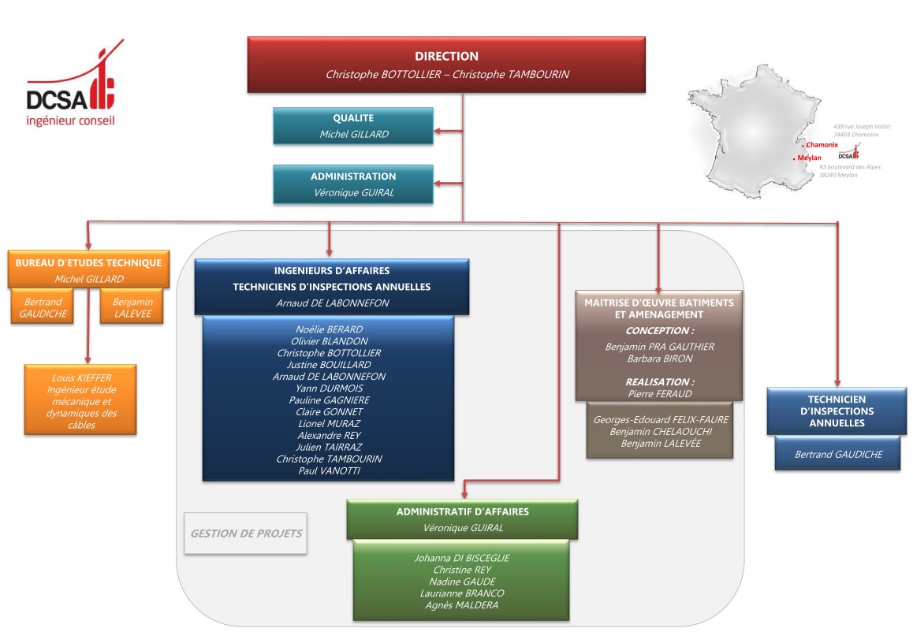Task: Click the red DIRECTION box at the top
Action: (446, 65)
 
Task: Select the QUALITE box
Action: (353, 126)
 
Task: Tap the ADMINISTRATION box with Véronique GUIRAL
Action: (353, 184)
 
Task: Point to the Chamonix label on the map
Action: (822, 144)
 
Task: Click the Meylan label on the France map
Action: (809, 158)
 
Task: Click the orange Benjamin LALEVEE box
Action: (132, 307)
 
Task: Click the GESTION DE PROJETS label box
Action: (246, 533)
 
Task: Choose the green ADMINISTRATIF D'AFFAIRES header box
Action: (462, 519)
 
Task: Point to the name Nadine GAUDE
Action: (462, 582)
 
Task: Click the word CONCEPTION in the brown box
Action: (659, 331)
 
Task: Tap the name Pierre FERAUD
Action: (659, 392)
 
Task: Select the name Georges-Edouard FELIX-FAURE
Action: (660, 420)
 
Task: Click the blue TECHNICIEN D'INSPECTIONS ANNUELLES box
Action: (837, 411)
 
